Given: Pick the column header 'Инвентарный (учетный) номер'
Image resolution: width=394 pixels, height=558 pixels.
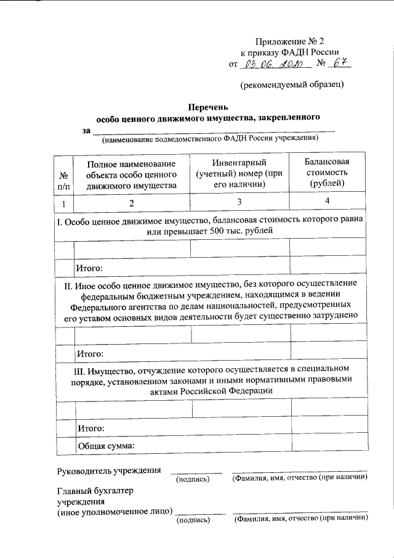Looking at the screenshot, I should pos(239,173).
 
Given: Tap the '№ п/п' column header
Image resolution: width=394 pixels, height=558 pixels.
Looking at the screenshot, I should pos(63,179).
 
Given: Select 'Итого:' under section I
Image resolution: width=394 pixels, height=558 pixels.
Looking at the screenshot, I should pos(89,268).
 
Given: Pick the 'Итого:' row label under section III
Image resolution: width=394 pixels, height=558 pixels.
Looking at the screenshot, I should pos(89,427).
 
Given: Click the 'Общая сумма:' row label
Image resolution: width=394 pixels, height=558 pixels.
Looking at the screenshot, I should pos(105,445).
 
